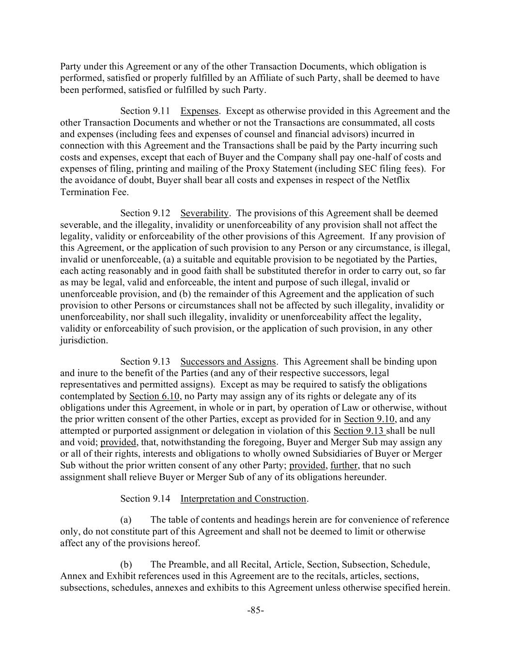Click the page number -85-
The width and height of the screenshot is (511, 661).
pos(255,610)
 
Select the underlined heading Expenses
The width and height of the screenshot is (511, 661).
pos(199,111)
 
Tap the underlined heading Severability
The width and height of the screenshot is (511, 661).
pos(204,213)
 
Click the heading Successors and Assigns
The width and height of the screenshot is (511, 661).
pos(228,362)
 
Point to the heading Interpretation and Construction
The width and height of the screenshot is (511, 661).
pos(243,499)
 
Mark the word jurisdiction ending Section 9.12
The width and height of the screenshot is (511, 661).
pos(84,340)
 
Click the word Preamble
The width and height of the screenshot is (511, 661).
pos(189,565)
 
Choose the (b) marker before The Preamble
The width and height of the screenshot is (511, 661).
pos(126,565)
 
